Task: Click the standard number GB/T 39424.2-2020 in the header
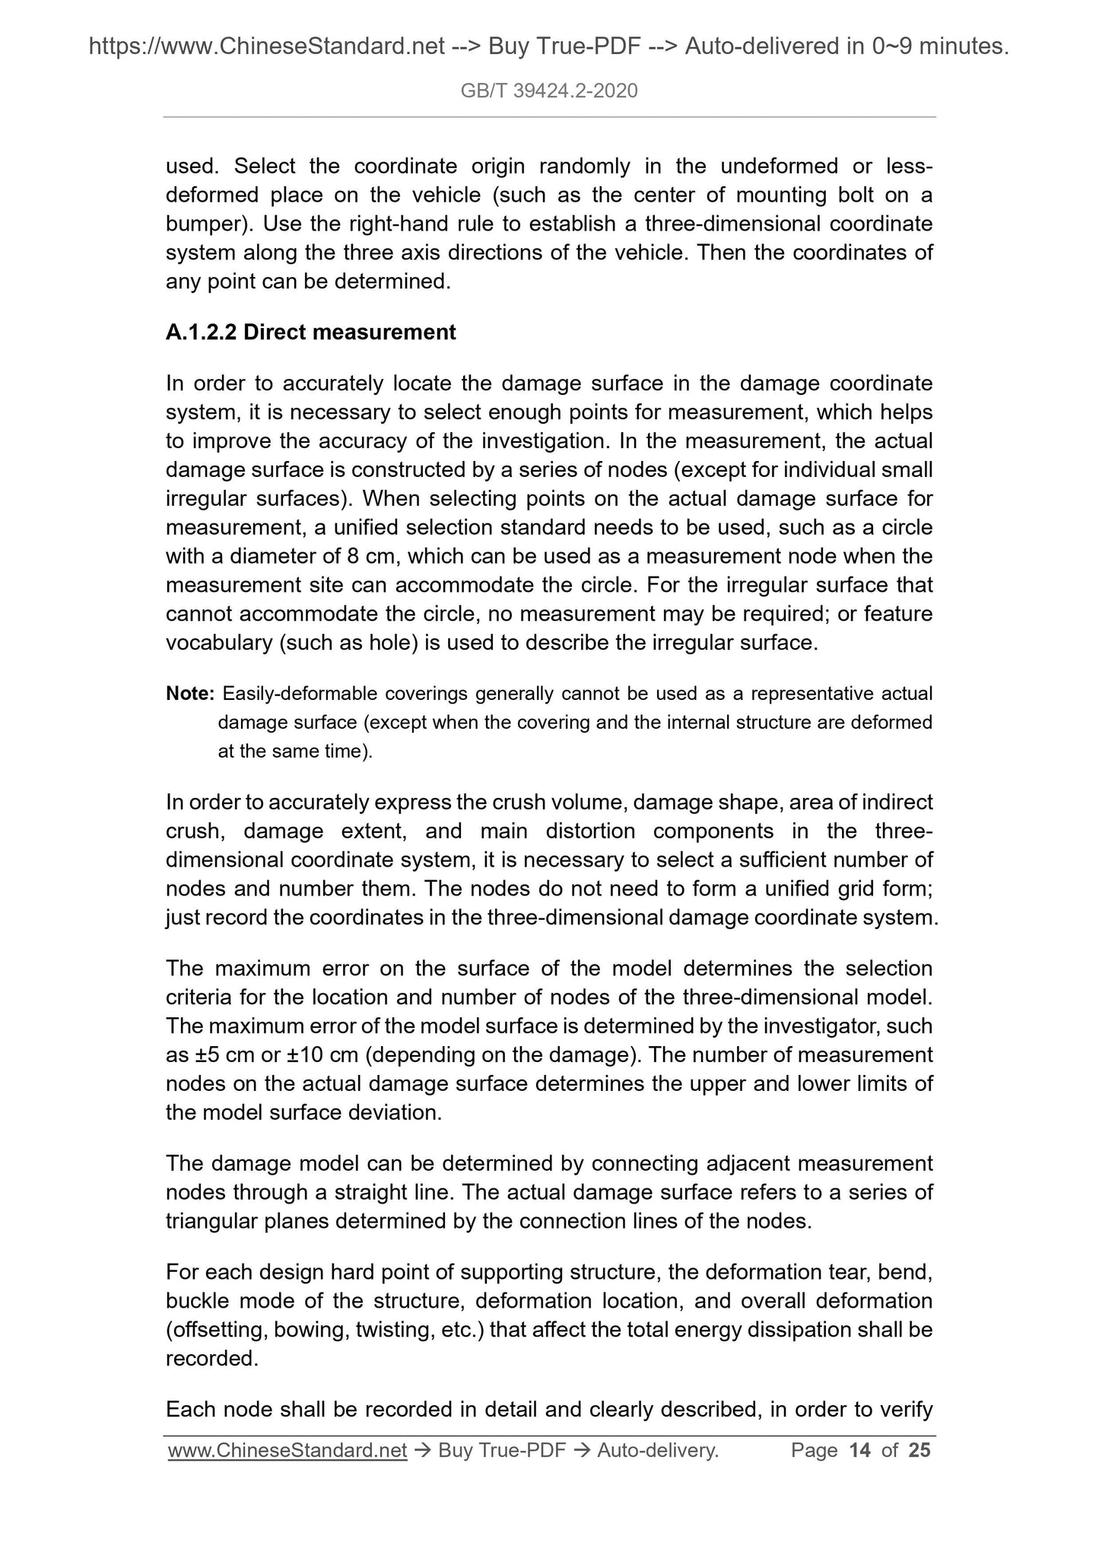pyautogui.click(x=549, y=91)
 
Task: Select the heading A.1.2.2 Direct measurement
pyautogui.click(x=310, y=332)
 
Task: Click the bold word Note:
pyautogui.click(x=190, y=694)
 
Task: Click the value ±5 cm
pyautogui.click(x=214, y=1056)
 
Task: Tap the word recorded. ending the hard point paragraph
pyautogui.click(x=212, y=1359)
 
